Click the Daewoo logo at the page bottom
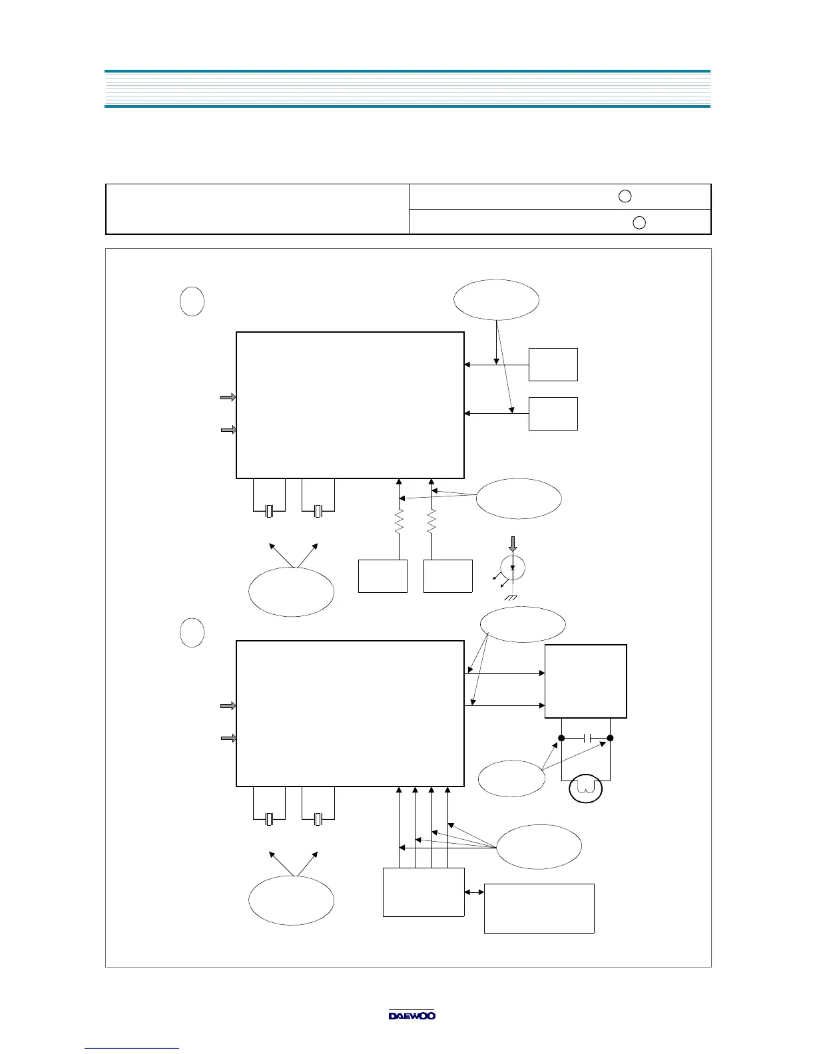(412, 1015)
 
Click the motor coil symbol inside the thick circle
(586, 789)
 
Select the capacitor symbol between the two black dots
(586, 738)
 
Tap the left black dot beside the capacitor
(561, 738)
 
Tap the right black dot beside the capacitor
(610, 738)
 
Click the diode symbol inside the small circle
(512, 568)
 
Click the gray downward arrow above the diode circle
(512, 544)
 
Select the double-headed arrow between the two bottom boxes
(474, 892)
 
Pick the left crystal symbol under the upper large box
(269, 511)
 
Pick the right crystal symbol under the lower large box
(318, 819)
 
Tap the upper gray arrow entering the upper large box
(228, 397)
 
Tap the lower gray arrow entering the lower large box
(228, 738)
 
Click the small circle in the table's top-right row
(625, 196)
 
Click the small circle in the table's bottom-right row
(639, 222)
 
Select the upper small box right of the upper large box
(553, 364)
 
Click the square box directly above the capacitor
(585, 681)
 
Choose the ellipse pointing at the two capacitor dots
(511, 778)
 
